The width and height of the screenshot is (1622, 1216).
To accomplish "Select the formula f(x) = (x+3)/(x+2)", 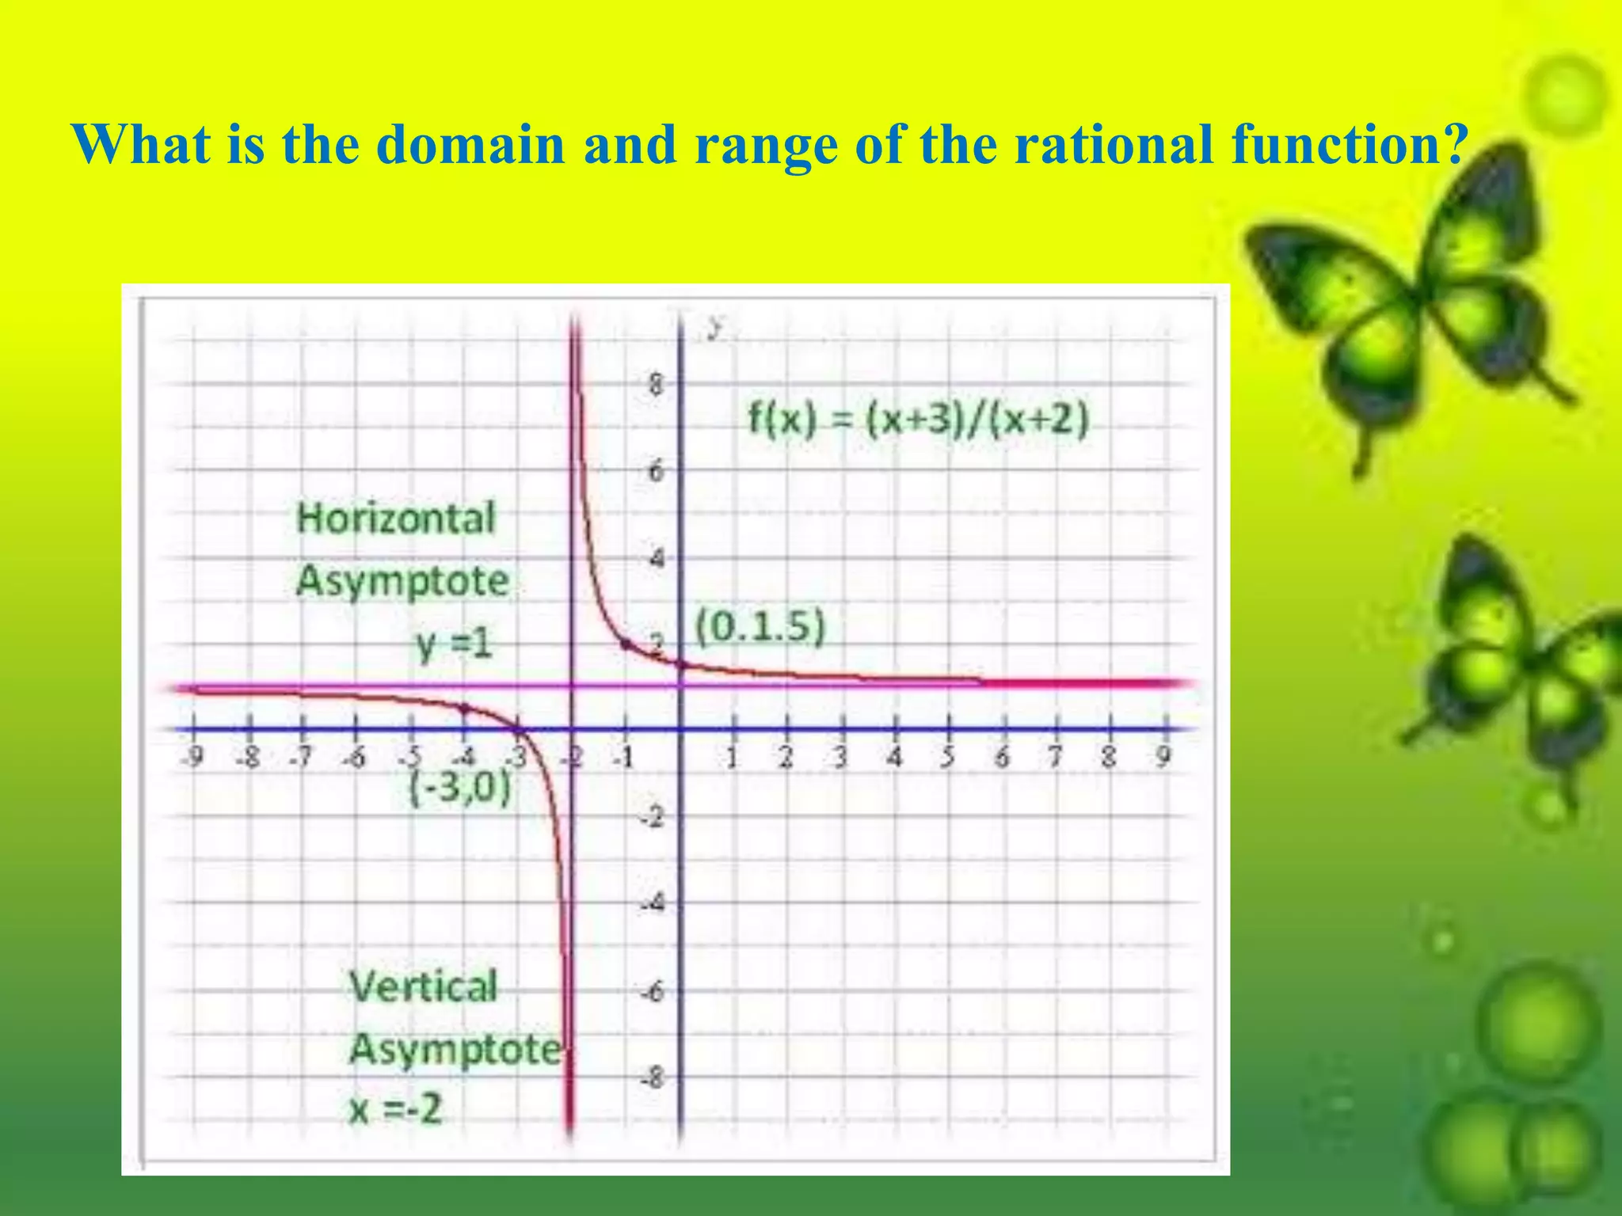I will [919, 419].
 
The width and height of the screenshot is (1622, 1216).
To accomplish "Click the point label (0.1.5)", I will [760, 627].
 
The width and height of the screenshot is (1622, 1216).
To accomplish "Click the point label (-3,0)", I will [460, 788].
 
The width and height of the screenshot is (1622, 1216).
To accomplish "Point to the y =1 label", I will [455, 644].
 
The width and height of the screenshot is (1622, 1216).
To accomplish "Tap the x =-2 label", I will [394, 1108].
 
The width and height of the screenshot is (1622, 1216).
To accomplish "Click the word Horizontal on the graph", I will [395, 519].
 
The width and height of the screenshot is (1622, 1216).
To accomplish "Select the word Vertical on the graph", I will [423, 987].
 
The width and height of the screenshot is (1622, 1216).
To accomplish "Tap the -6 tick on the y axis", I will [653, 991].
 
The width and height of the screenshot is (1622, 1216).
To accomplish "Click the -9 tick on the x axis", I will [192, 758].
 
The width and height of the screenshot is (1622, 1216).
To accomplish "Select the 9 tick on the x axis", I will [1163, 757].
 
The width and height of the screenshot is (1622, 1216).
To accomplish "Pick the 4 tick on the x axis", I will [894, 758].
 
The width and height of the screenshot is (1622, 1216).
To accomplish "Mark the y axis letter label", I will [716, 327].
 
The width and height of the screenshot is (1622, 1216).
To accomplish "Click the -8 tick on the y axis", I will [653, 1077].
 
